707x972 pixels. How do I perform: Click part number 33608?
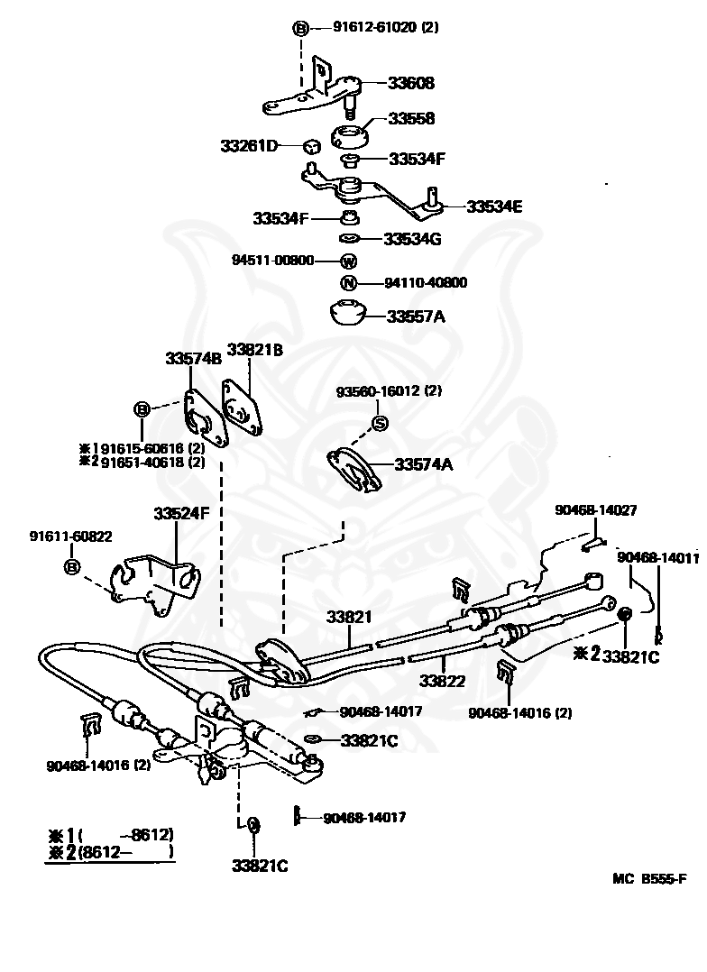tap(411, 82)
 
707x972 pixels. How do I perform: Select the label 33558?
tap(411, 118)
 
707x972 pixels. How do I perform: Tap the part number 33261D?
tap(249, 146)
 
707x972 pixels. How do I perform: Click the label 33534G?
tap(412, 239)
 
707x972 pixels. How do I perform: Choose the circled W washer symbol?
tap(348, 261)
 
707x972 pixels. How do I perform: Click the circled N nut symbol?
tap(349, 283)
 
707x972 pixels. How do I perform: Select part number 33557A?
tap(416, 316)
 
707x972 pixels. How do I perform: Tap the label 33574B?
tap(193, 358)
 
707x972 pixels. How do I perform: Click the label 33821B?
tap(255, 350)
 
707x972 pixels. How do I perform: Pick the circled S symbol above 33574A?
tap(380, 424)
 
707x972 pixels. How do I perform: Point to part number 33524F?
tap(182, 513)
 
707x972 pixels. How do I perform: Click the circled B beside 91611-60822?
tap(72, 566)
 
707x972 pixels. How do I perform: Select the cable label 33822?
tap(442, 681)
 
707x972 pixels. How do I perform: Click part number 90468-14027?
tap(595, 510)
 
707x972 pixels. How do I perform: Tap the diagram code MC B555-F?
tap(649, 878)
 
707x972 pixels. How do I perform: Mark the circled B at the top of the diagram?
tap(300, 29)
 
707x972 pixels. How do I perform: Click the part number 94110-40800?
tap(426, 283)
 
